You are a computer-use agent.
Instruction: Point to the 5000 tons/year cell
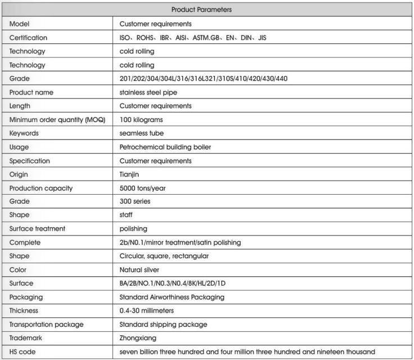coord(143,188)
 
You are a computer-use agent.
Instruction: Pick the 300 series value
coord(135,201)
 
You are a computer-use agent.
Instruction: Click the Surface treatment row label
coord(37,229)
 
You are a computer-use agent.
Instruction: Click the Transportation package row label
coord(44,325)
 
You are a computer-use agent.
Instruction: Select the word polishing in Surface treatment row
coord(134,229)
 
